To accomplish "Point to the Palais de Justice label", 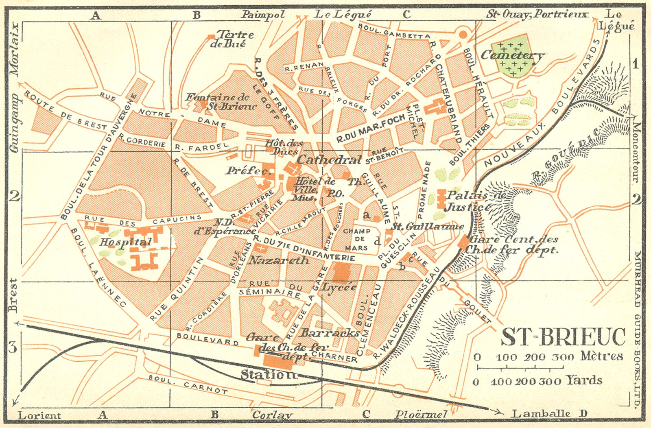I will tap(474, 201).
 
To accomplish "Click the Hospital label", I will tap(120, 242).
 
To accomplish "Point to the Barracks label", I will tap(330, 333).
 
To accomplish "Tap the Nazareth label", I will tap(279, 260).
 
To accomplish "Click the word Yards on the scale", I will tap(584, 380).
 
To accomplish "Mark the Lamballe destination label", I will tap(540, 414).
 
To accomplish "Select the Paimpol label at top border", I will tap(263, 15).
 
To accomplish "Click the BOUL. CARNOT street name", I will tap(188, 384).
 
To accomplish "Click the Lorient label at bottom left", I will tap(39, 415).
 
